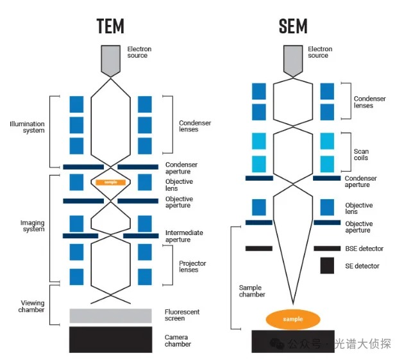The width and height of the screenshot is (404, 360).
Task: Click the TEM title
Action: coord(110,26)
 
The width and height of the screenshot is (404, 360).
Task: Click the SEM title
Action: coord(293,26)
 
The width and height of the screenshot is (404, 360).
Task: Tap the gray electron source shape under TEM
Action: coord(110,61)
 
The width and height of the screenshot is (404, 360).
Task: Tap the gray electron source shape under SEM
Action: coord(293,61)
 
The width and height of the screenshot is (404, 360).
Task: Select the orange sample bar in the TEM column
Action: coord(110,182)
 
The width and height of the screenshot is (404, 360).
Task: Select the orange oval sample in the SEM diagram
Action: coord(293,319)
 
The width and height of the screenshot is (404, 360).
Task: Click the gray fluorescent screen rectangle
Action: coord(110,316)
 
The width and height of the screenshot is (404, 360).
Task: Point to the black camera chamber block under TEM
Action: coord(110,340)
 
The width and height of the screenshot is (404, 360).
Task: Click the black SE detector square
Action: coord(327,265)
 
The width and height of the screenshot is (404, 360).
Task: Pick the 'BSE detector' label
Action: coord(364,249)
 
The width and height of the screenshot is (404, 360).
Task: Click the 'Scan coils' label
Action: coord(361,154)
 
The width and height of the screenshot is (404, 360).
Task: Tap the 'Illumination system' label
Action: coord(27,127)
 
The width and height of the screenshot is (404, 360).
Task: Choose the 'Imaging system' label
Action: coord(33,226)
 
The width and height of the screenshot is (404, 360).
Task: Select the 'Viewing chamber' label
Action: coord(31,306)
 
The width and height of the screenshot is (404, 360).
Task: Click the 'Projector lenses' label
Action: coord(192,266)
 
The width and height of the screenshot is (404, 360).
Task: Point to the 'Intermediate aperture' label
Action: coord(184,236)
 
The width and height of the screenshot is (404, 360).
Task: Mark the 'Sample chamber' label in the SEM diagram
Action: coord(252,291)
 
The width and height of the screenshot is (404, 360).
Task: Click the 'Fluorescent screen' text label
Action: coord(182,315)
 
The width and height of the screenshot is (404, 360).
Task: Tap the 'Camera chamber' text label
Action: coord(178,341)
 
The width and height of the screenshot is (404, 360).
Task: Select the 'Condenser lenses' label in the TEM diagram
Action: coord(195,126)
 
